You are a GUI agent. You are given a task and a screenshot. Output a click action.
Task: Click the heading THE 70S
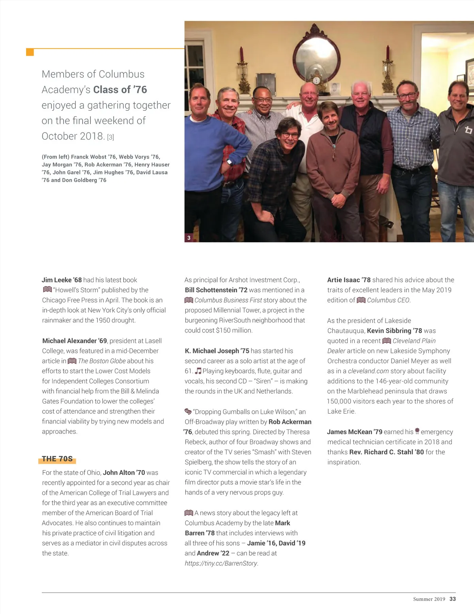pyautogui.click(x=58, y=459)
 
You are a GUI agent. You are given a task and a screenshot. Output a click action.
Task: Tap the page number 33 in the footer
pyautogui.click(x=453, y=599)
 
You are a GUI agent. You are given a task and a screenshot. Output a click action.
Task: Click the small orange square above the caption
pyautogui.click(x=30, y=52)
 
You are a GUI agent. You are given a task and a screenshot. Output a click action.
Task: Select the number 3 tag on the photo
pyautogui.click(x=189, y=238)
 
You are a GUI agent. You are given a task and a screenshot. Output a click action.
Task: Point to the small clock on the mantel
pyautogui.click(x=316, y=80)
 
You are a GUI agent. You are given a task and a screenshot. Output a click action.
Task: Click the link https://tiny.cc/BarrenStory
pyautogui.click(x=221, y=563)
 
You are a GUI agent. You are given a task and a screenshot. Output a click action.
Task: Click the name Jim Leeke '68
pyautogui.click(x=62, y=280)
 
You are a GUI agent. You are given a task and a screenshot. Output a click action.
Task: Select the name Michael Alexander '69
pyautogui.click(x=74, y=341)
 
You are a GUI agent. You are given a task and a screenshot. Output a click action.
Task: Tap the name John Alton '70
pyautogui.click(x=124, y=472)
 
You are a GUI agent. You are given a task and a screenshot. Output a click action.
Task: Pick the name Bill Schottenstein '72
pyautogui.click(x=216, y=290)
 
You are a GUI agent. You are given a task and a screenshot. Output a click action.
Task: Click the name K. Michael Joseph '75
pyautogui.click(x=217, y=351)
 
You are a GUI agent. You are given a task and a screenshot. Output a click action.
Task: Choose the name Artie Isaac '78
pyautogui.click(x=349, y=280)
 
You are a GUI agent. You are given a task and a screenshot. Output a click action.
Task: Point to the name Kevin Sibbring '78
pyautogui.click(x=394, y=331)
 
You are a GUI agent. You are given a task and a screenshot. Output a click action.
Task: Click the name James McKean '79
pyautogui.click(x=354, y=432)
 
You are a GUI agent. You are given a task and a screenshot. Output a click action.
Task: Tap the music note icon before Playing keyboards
pyautogui.click(x=198, y=371)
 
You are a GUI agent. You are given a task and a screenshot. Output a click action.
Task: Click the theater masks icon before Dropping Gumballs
pyautogui.click(x=188, y=412)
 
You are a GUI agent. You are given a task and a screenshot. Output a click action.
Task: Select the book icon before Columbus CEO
pyautogui.click(x=361, y=300)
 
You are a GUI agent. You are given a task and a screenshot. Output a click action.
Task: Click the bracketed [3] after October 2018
pyautogui.click(x=110, y=137)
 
